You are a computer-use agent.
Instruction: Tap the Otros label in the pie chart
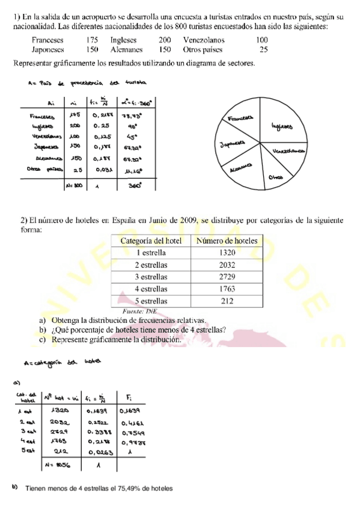click(x=276, y=177)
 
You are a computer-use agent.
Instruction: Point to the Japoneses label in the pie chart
click(x=233, y=144)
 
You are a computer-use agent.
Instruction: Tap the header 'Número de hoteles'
click(x=227, y=241)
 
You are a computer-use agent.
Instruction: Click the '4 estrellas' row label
click(x=151, y=289)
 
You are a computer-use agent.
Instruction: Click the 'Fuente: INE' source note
click(x=139, y=311)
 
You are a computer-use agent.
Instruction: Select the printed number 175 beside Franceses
click(x=91, y=40)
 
